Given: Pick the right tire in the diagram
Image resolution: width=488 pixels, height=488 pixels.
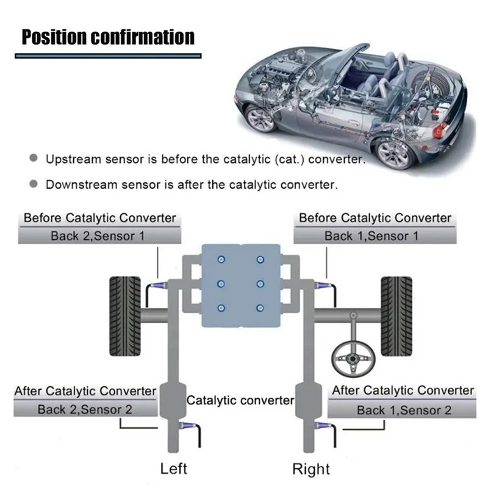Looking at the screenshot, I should [396, 315].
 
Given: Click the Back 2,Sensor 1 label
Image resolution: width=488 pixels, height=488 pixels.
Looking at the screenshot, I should [98, 235].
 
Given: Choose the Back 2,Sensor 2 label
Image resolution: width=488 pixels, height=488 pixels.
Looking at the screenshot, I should [85, 409].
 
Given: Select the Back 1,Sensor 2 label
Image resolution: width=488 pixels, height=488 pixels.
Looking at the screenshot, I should [404, 410].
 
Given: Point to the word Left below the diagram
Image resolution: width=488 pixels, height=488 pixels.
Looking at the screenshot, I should [173, 468].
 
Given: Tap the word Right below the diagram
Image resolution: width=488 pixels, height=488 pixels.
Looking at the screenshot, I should [311, 468].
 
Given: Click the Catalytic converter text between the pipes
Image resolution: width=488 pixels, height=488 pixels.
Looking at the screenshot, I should [240, 401].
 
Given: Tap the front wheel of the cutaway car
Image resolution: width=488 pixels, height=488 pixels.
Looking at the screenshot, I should [392, 153].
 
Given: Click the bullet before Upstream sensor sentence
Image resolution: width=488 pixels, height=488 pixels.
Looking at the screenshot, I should [34, 159].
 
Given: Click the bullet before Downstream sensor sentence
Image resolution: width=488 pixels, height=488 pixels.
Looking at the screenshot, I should [34, 184].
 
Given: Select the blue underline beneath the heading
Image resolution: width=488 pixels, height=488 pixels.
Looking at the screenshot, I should [108, 56].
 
